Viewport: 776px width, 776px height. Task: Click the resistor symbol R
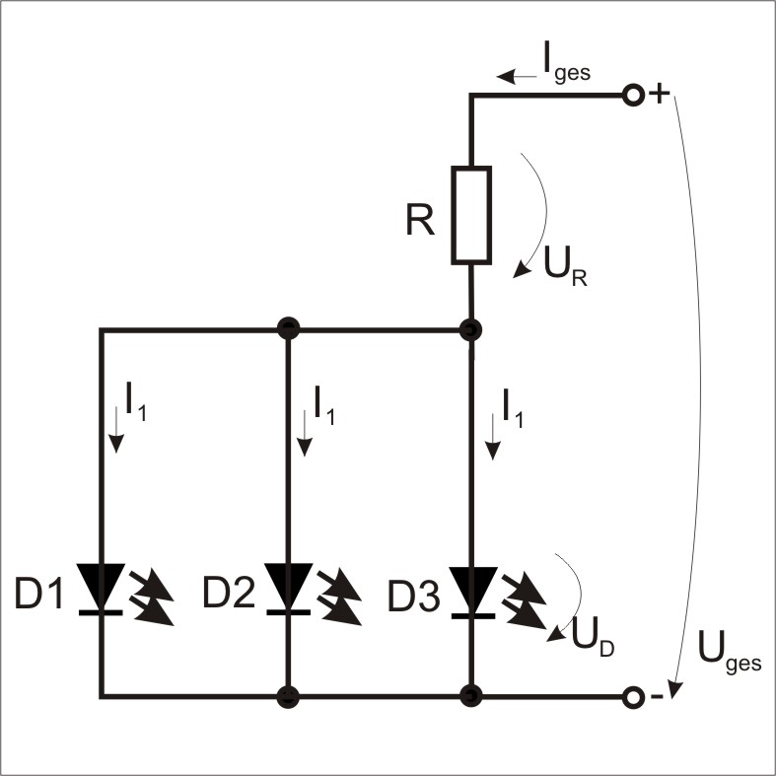pos(471,215)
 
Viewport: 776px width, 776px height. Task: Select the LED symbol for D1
pos(101,589)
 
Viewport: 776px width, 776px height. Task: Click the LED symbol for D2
pos(288,589)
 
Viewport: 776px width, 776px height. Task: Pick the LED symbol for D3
pos(471,589)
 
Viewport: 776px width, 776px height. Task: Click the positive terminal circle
pos(633,96)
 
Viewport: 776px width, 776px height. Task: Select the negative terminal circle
pos(633,697)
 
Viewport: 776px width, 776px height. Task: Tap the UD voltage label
pos(594,638)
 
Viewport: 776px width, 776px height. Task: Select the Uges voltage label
pos(728,652)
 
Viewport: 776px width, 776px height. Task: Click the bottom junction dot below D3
pos(471,697)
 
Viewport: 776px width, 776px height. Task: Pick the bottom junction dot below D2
pos(288,697)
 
